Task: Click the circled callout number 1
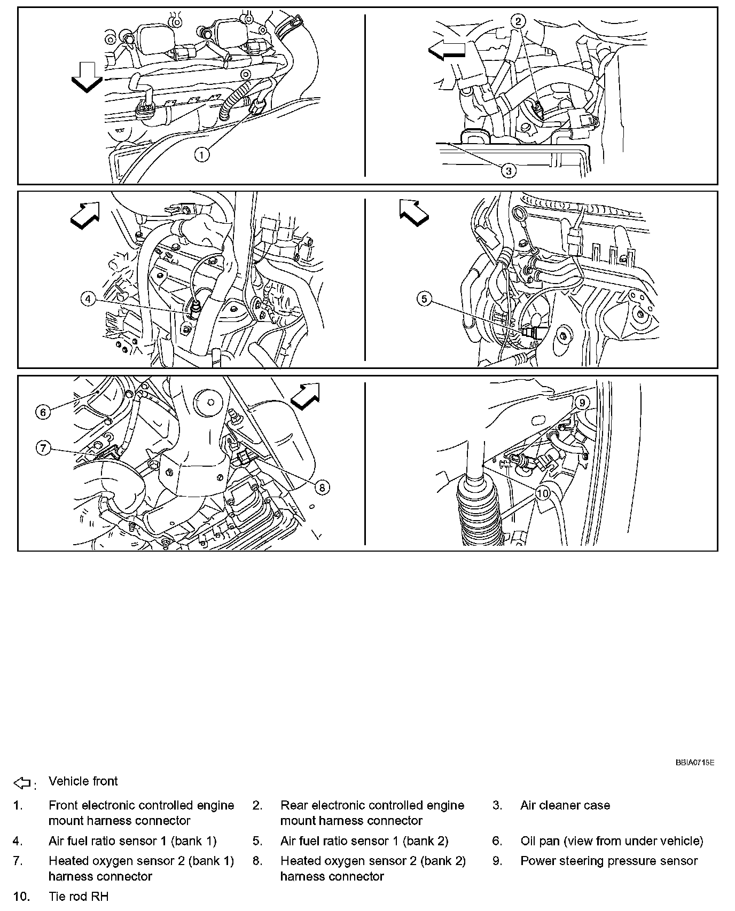[x=202, y=155]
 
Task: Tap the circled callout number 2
[x=518, y=21]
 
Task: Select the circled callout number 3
[x=508, y=171]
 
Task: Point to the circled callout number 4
[x=88, y=299]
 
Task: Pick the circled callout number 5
[x=424, y=299]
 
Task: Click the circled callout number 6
[x=43, y=412]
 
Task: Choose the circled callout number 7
[x=43, y=447]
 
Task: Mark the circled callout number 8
[x=322, y=486]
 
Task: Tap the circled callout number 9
[x=582, y=402]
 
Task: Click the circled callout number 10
[x=542, y=493]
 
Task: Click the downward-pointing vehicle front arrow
[x=86, y=77]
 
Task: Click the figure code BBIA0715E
[x=694, y=763]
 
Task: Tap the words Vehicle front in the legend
[x=83, y=781]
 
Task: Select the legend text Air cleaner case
[x=565, y=805]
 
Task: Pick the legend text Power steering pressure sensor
[x=609, y=861]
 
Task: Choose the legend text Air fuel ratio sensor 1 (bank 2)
[x=364, y=841]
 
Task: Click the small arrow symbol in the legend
[x=22, y=783]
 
